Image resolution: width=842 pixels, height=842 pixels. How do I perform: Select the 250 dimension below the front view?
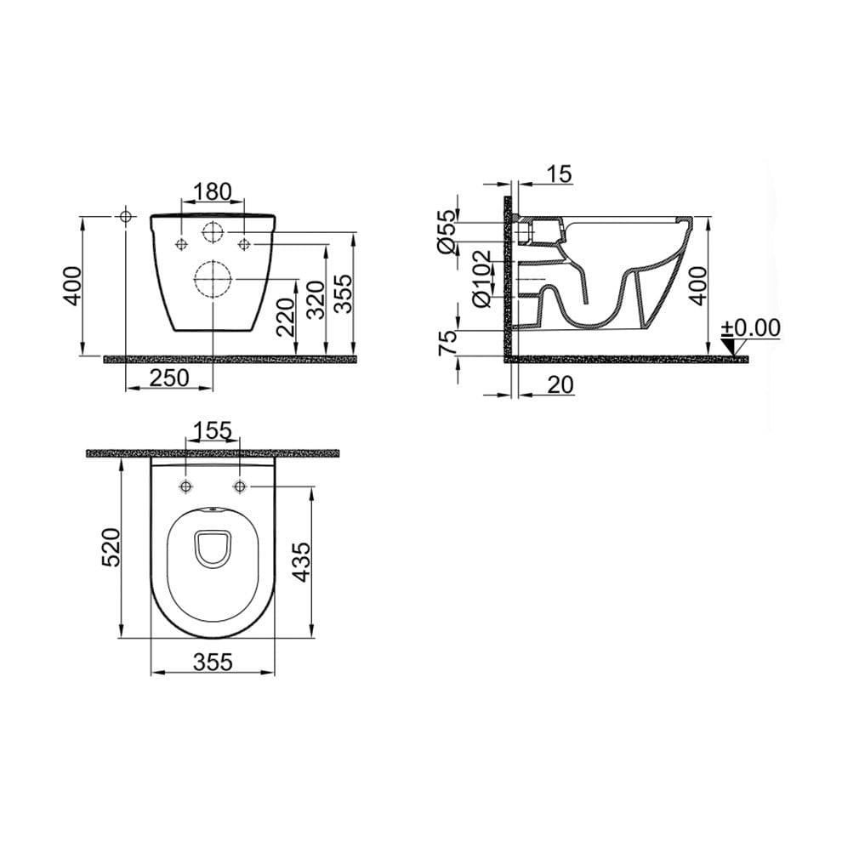168,379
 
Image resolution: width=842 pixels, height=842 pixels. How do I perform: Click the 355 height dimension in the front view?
344,292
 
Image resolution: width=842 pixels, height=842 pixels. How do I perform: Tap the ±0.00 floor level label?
750,328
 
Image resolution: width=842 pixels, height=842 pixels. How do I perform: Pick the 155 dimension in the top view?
212,431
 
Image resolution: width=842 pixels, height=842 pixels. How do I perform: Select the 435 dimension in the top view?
303,561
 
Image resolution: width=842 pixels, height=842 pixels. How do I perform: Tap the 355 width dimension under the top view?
212,661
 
